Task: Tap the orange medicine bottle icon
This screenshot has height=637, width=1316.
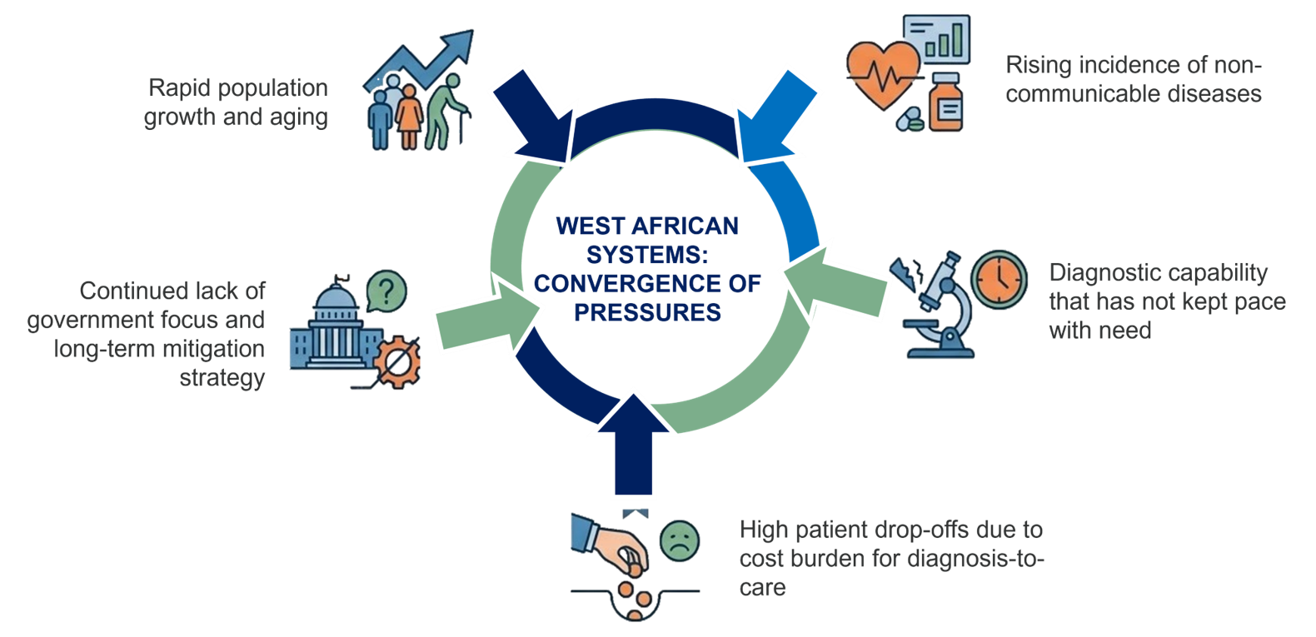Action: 945,102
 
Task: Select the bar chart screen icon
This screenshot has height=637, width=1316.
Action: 936,39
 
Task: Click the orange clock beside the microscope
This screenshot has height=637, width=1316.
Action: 999,280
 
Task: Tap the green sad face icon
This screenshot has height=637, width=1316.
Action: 680,540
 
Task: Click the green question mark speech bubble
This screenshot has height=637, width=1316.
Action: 386,291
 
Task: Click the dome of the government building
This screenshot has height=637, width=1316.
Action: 336,296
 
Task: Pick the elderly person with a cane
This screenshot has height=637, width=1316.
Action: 447,112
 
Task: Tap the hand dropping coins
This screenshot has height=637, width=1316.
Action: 611,546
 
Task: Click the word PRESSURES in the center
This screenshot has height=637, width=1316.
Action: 647,312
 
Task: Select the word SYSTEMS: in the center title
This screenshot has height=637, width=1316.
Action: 647,255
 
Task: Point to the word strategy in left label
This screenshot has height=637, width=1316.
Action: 222,378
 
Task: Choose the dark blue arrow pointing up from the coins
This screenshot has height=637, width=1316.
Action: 633,444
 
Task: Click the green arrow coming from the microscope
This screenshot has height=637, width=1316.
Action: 835,284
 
